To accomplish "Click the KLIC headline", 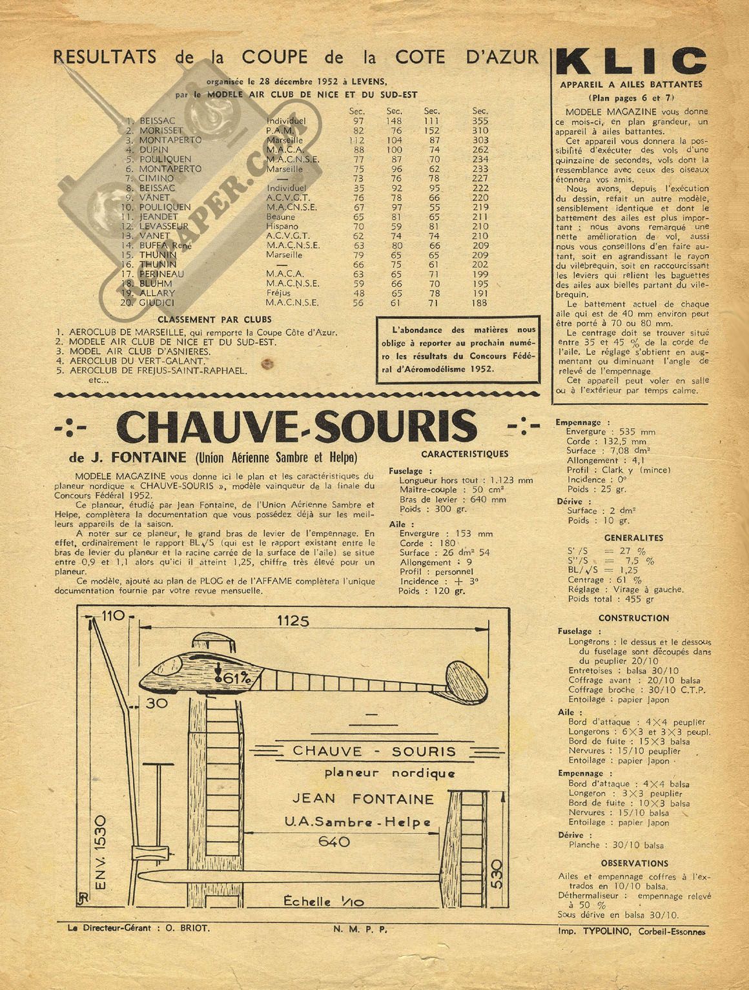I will pyautogui.click(x=631, y=62).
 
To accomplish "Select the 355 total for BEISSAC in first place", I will pyautogui.click(x=480, y=121).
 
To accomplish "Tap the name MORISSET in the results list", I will pyautogui.click(x=161, y=130).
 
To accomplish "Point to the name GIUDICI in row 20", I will pyautogui.click(x=157, y=302).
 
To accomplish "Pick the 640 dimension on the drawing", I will pyautogui.click(x=334, y=841).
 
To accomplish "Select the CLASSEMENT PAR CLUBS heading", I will pyautogui.click(x=214, y=320).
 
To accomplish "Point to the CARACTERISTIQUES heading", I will pyautogui.click(x=464, y=454).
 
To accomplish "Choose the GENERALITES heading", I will pyautogui.click(x=633, y=537).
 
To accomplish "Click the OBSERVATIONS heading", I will pyautogui.click(x=634, y=863).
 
